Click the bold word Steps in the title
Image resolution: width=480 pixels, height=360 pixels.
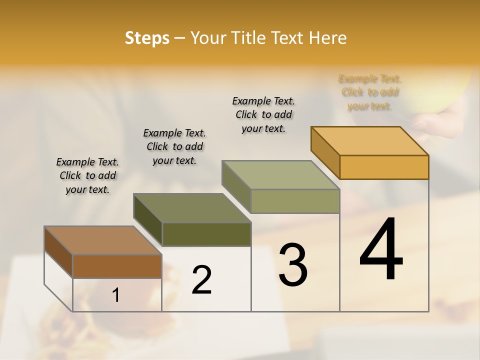(146, 38)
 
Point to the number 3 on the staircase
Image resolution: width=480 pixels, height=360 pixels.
(293, 265)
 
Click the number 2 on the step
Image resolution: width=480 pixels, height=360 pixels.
(202, 280)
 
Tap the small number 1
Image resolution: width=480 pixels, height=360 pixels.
(116, 295)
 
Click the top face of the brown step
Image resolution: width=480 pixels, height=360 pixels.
(102, 240)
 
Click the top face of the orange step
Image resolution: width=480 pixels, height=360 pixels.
(369, 141)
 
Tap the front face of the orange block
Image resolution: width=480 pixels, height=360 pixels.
(384, 167)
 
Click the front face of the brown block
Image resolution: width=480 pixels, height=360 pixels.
(117, 266)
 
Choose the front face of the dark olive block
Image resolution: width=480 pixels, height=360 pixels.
(206, 234)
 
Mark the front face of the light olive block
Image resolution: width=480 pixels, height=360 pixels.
(295, 201)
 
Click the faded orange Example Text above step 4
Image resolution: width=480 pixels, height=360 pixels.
(370, 92)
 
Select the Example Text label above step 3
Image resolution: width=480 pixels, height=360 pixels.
(263, 114)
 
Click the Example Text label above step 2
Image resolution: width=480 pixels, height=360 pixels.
(174, 146)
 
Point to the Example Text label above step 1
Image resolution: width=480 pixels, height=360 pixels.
(87, 175)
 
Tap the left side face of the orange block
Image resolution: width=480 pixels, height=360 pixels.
(325, 152)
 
